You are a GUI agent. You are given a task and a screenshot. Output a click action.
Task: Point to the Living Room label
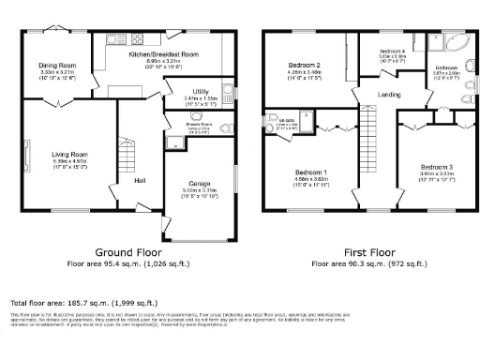point(69,154)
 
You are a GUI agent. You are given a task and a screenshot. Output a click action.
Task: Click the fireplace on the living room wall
point(25,155)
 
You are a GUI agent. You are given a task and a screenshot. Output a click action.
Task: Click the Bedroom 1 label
point(311,173)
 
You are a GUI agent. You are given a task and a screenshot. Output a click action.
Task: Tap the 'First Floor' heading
point(366,253)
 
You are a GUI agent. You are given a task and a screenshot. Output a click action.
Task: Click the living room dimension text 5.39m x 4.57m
point(69,161)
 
